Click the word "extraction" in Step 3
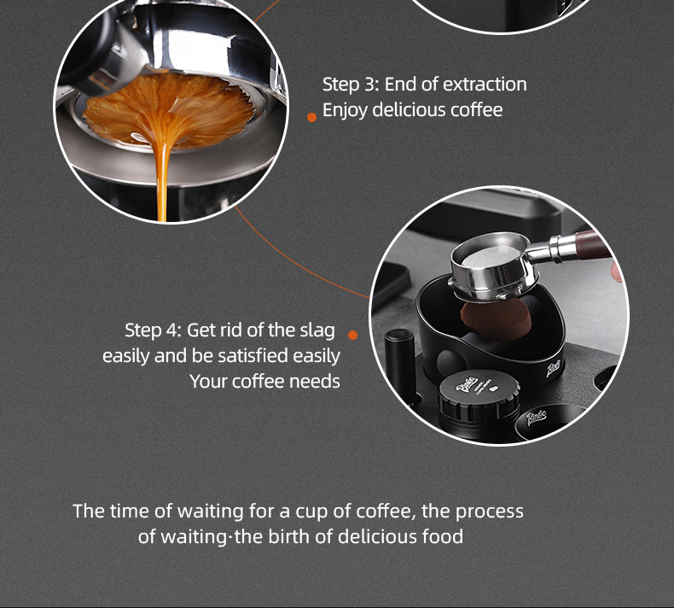click(x=485, y=85)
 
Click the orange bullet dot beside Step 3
click(x=311, y=117)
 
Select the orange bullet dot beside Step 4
click(x=352, y=335)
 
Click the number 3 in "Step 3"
click(x=370, y=85)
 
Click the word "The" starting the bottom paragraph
click(x=89, y=512)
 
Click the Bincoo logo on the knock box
click(x=553, y=369)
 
